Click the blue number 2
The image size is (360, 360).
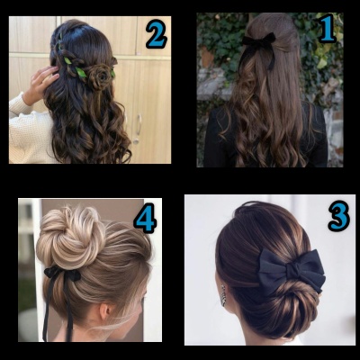tap(157, 34)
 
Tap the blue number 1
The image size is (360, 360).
tap(327, 28)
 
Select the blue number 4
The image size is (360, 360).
tap(145, 218)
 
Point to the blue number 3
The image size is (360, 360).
tap(339, 216)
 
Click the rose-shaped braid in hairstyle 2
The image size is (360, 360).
tap(98, 76)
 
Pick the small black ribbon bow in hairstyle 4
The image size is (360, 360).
tap(61, 274)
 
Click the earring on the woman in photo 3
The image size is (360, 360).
tap(224, 295)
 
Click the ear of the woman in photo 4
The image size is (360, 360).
tap(105, 312)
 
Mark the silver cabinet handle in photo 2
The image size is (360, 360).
tap(139, 124)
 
